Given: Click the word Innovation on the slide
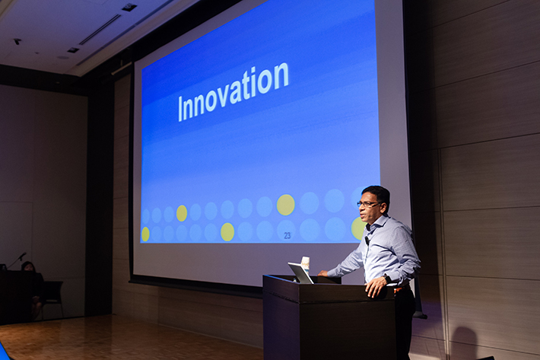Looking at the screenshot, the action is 233,92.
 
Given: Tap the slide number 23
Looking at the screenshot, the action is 287,236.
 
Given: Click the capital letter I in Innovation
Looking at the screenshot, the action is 179,109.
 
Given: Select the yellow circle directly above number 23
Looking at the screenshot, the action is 285,205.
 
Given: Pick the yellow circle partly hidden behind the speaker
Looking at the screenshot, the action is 357,228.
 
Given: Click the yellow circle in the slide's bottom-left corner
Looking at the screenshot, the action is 145,234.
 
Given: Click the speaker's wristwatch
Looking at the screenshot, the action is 387,278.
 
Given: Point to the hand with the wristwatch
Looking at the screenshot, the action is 375,287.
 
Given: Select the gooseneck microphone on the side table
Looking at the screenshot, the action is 17,260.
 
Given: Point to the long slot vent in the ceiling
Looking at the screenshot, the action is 100,30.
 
